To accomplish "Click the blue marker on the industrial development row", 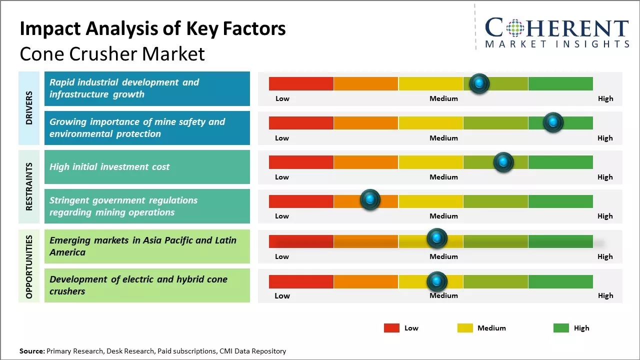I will click(x=479, y=83).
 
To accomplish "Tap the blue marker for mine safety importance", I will click(x=553, y=122).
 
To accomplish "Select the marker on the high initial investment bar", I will click(x=503, y=162).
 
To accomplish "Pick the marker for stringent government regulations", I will click(x=370, y=200).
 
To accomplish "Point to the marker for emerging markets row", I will click(x=436, y=238).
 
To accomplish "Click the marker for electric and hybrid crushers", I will click(x=436, y=282).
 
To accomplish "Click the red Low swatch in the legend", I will click(x=391, y=328).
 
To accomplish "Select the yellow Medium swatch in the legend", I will click(x=465, y=328).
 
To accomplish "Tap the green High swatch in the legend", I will click(x=561, y=328).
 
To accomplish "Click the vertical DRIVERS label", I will click(x=29, y=107).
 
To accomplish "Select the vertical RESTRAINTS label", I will click(x=29, y=186).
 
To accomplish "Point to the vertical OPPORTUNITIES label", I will click(x=29, y=266).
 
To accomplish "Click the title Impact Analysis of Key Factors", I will click(x=152, y=29).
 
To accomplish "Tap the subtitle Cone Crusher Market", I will click(x=112, y=54).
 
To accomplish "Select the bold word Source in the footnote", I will click(x=32, y=351).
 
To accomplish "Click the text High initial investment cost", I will click(x=109, y=166).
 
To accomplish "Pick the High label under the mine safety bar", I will click(x=605, y=138).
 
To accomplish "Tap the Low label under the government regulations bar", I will click(x=282, y=216).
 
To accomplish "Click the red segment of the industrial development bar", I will click(x=301, y=83).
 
